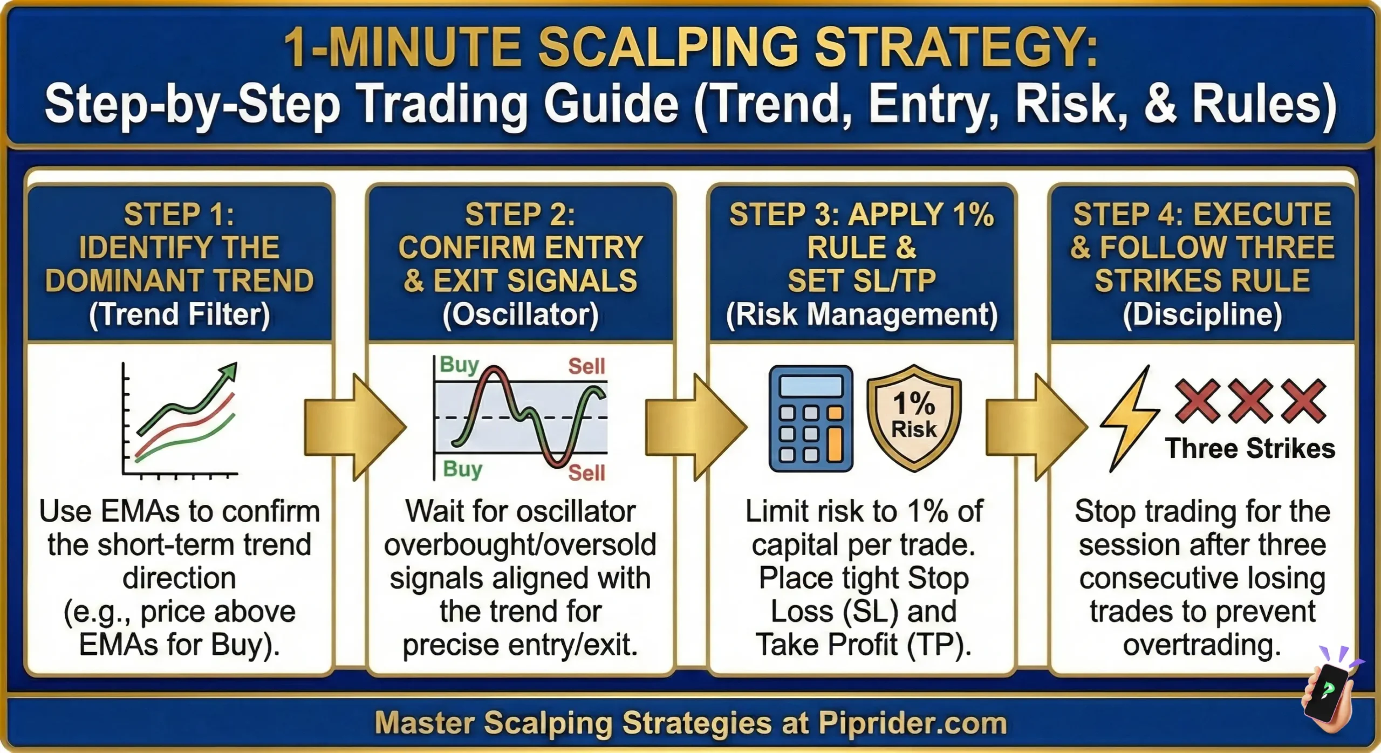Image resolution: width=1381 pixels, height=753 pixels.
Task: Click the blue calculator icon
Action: [810, 419]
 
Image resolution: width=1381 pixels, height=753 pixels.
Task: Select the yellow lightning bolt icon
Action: [1130, 419]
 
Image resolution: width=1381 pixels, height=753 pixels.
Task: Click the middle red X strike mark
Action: [1250, 400]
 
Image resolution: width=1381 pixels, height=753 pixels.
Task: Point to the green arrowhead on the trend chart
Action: [229, 372]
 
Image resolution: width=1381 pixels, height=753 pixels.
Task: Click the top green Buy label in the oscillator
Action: [459, 365]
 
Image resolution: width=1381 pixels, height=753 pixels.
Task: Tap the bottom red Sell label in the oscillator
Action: [586, 473]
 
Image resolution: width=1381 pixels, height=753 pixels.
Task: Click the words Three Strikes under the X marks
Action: [1250, 449]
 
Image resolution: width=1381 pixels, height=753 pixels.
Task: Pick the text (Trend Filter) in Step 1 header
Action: [179, 314]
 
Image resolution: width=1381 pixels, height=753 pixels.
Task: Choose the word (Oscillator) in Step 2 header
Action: [521, 314]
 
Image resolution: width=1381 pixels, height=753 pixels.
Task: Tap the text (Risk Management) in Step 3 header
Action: [862, 314]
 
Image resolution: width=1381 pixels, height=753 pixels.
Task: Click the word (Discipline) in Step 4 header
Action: [1202, 314]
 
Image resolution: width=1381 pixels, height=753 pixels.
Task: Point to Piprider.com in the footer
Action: [913, 723]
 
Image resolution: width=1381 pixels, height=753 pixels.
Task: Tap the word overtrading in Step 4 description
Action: [1202, 645]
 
